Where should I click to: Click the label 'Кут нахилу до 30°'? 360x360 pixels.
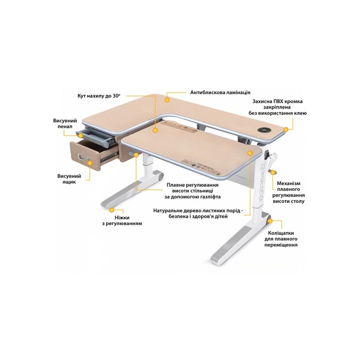coord(99,96)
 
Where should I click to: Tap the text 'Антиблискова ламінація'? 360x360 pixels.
coord(220,93)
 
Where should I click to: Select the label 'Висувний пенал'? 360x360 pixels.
coord(65,123)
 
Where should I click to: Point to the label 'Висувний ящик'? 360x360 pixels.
coord(69,179)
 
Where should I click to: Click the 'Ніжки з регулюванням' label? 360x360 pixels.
coord(122,221)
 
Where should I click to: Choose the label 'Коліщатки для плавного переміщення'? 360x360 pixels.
coord(281,239)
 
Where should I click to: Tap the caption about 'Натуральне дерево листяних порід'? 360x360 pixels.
coord(198,214)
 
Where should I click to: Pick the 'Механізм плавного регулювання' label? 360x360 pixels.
coord(289,193)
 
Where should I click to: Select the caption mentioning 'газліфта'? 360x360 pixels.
coord(193,191)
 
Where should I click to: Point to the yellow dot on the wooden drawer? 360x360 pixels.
coord(90,163)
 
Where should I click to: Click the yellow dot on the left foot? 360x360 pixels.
coord(111,210)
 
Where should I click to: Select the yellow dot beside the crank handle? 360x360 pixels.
coord(273,172)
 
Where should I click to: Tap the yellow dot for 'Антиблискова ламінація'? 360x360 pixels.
coord(167,100)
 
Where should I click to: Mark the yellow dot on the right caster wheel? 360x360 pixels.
coord(270,221)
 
